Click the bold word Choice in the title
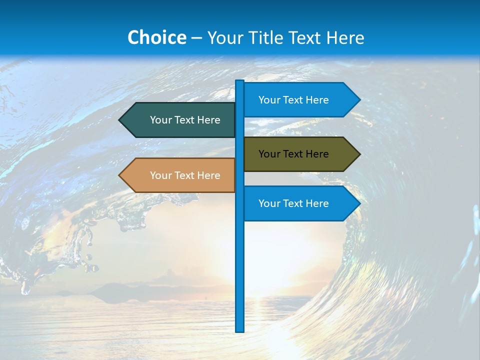(x=156, y=37)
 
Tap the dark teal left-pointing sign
(x=180, y=120)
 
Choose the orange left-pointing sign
(x=180, y=175)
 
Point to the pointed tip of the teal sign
(x=120, y=120)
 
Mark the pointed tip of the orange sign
(x=120, y=175)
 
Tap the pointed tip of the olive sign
(x=359, y=154)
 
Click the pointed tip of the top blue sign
(x=359, y=100)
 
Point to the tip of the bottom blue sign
(x=359, y=203)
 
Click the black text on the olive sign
(x=293, y=154)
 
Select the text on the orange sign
(x=185, y=175)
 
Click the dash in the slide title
(x=196, y=38)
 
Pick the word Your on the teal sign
(x=160, y=120)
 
